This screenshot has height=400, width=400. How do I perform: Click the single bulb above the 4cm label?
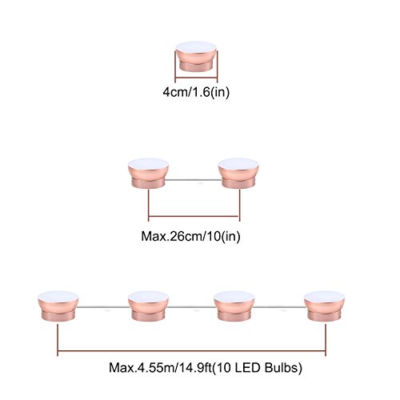[x=196, y=57]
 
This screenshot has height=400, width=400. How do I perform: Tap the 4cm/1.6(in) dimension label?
[x=196, y=92]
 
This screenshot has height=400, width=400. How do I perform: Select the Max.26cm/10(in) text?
[x=190, y=236]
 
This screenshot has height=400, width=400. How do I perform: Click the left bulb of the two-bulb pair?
[x=148, y=174]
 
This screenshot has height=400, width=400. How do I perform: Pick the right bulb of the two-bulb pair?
[x=238, y=174]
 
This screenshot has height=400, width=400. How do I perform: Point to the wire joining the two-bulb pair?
[x=194, y=180]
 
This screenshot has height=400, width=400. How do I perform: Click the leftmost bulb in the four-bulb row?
[x=58, y=306]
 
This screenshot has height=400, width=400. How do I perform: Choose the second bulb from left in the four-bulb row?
[x=148, y=306]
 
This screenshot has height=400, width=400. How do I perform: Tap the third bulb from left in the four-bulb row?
[x=234, y=306]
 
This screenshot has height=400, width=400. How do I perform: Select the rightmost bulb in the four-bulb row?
[x=324, y=306]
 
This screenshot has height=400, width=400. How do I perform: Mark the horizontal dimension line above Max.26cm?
[x=194, y=216]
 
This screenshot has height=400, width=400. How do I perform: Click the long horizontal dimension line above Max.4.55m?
[x=191, y=351]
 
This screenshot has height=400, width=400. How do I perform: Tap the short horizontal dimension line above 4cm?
[x=196, y=78]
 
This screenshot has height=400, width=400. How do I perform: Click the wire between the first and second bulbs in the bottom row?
[x=103, y=307]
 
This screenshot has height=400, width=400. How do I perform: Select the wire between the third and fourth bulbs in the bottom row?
[x=280, y=307]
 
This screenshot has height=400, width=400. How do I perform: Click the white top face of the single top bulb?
[x=196, y=47]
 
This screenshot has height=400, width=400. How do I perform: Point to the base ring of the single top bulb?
[x=196, y=67]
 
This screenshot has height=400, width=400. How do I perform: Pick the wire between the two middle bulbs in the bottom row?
[x=191, y=307]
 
